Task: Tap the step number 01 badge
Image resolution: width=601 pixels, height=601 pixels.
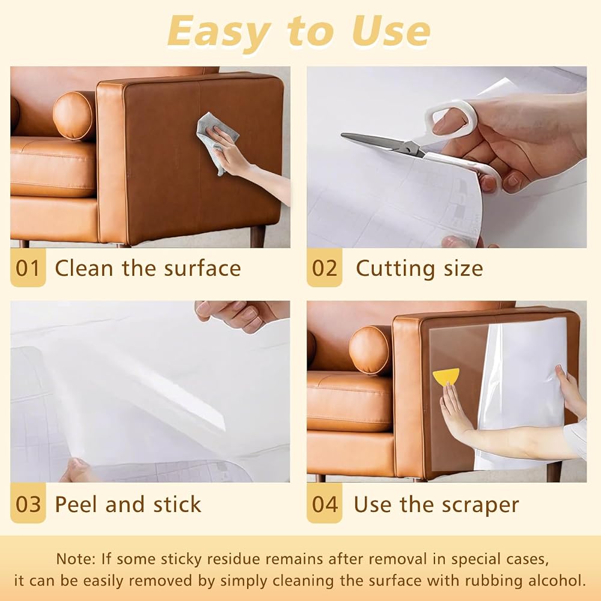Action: pos(28,267)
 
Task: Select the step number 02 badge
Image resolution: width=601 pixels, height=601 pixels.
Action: pos(325,267)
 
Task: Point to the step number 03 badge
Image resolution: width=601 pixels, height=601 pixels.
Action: pos(28,504)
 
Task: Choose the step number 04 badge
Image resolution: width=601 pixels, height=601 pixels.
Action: pos(325,504)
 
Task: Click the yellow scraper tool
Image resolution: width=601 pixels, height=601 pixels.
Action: pos(447,377)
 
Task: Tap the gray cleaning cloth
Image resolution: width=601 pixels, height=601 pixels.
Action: pos(216,141)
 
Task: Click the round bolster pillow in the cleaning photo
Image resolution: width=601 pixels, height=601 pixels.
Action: pos(74,115)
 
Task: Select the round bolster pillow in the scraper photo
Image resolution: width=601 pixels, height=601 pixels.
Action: pos(370,350)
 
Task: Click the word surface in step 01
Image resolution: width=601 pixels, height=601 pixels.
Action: pos(203,268)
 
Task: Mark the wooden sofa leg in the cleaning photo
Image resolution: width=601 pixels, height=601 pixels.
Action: pos(258,236)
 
